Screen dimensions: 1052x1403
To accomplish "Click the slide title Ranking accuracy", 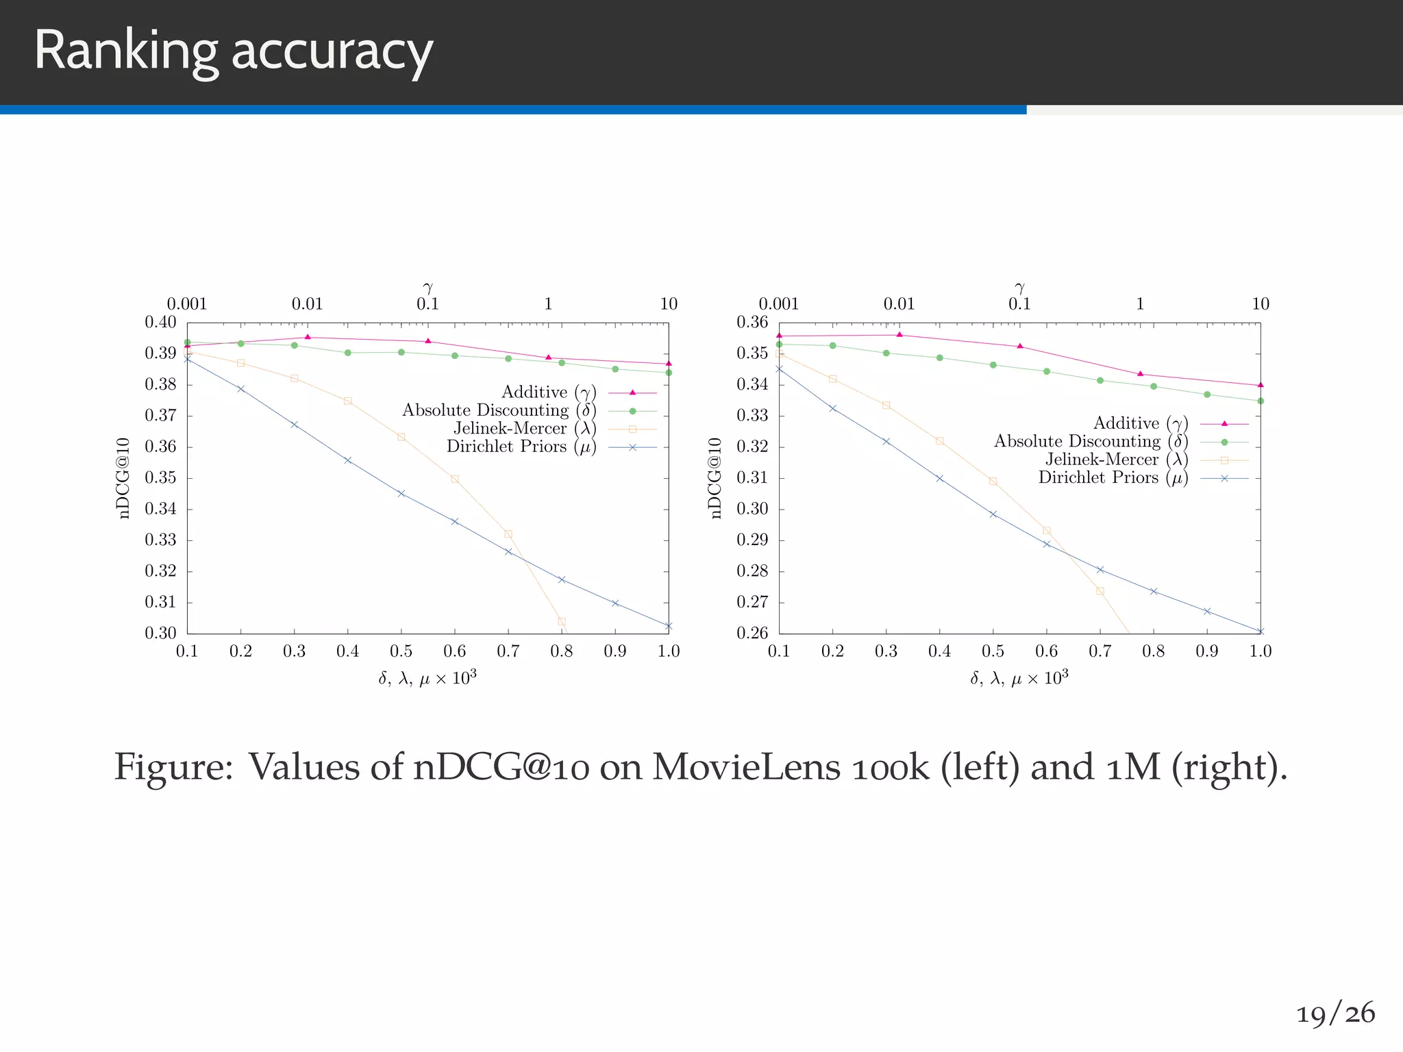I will pyautogui.click(x=233, y=51).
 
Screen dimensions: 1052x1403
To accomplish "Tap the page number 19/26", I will pyautogui.click(x=1335, y=1014).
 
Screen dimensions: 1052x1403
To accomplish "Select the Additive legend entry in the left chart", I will pyautogui.click(x=549, y=392).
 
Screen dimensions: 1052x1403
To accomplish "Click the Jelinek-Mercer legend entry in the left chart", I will pyautogui.click(x=525, y=429).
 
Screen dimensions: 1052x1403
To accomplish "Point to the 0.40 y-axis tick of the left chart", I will pyautogui.click(x=160, y=323).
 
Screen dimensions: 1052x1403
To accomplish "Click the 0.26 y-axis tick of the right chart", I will pyautogui.click(x=752, y=634).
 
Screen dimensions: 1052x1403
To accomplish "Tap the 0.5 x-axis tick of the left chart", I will pyautogui.click(x=401, y=651).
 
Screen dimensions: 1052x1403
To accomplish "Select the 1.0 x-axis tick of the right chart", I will pyautogui.click(x=1261, y=651).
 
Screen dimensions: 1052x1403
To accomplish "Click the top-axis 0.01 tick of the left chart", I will pyautogui.click(x=307, y=304).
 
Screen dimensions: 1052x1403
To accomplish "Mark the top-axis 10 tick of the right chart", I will pyautogui.click(x=1261, y=304).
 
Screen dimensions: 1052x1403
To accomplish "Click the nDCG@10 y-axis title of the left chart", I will pyautogui.click(x=124, y=478).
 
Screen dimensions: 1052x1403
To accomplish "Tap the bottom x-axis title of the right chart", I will pyautogui.click(x=1019, y=679).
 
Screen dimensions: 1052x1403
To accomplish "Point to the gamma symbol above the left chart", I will pyautogui.click(x=428, y=288).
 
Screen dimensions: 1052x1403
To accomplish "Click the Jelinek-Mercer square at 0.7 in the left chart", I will pyautogui.click(x=508, y=534).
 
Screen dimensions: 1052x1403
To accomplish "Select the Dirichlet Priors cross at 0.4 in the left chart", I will pyautogui.click(x=347, y=460).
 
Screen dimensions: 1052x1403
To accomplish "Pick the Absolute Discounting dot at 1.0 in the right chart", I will pyautogui.click(x=1261, y=401).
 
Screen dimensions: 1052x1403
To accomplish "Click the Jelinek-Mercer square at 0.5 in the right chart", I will pyautogui.click(x=993, y=481).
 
